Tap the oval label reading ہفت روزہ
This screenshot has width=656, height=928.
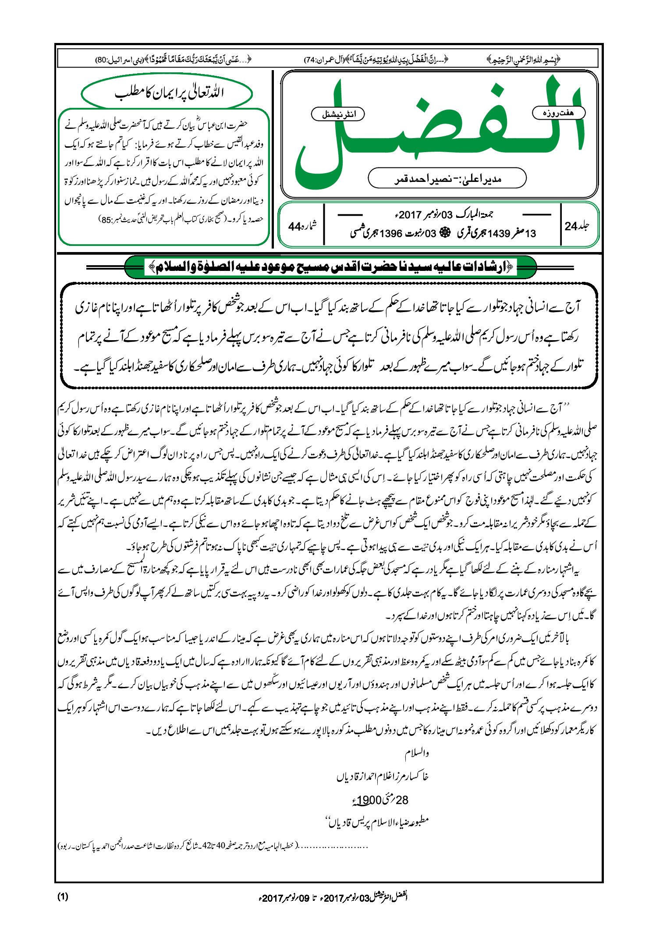pos(558,113)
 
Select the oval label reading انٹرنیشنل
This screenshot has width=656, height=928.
pos(338,114)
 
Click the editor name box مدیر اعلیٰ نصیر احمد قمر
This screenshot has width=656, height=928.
pos(447,178)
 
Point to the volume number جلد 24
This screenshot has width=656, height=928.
pos(577,226)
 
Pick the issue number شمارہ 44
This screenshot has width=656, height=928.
pos(302,226)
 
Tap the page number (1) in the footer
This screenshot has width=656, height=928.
pos(63,896)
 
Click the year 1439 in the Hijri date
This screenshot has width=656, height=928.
pos(499,234)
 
